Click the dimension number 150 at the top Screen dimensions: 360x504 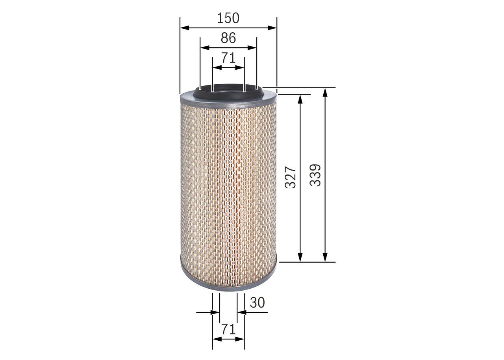pyautogui.click(x=228, y=18)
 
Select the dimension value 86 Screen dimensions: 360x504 pyautogui.click(x=228, y=38)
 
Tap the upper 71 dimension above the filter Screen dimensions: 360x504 pyautogui.click(x=228, y=58)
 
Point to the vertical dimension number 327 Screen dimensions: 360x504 pyautogui.click(x=291, y=177)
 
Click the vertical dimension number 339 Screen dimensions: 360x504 pyautogui.click(x=315, y=175)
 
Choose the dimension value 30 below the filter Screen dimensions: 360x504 pyautogui.click(x=257, y=302)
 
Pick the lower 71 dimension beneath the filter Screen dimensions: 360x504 pyautogui.click(x=228, y=329)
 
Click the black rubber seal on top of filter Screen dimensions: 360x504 pyautogui.click(x=228, y=93)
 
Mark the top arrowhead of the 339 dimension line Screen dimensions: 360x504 pyautogui.click(x=325, y=92)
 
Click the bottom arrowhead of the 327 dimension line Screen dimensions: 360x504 pyautogui.click(x=300, y=258)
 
